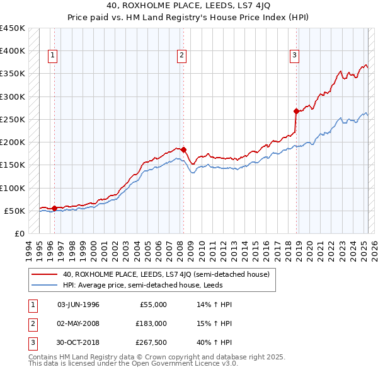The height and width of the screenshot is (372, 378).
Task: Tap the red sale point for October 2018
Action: (296, 111)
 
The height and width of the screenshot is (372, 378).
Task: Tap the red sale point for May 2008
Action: (183, 149)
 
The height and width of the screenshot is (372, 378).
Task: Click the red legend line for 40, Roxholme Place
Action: (44, 274)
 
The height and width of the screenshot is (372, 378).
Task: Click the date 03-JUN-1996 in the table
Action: (78, 305)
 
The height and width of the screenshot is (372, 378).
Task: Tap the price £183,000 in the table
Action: (152, 323)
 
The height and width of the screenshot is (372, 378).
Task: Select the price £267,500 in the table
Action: (152, 343)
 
